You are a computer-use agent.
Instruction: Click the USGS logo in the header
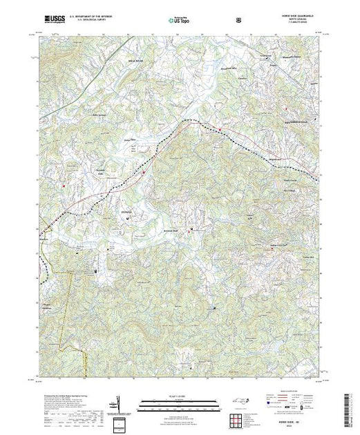(x=53, y=19)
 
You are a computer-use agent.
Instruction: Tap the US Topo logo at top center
(x=179, y=19)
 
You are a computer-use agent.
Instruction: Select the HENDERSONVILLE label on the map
(x=301, y=126)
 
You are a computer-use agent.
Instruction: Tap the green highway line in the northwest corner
(x=111, y=52)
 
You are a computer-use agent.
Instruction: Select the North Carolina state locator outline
(x=246, y=405)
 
